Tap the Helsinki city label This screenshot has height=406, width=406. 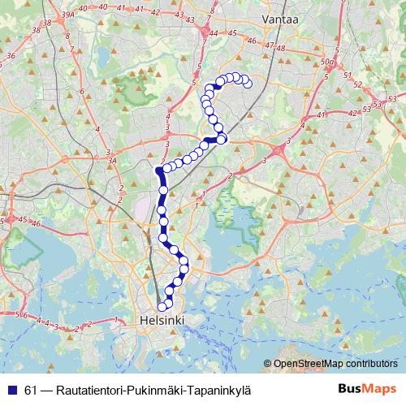[x=161, y=321]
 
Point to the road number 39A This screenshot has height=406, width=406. [x=67, y=15]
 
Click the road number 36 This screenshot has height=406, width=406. [x=11, y=55]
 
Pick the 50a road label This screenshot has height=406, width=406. [x=328, y=62]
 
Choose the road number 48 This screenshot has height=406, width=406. [x=283, y=47]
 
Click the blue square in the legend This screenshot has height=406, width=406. [x=12, y=390]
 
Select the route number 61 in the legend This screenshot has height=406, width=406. [x=32, y=390]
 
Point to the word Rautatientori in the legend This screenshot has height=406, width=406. [x=88, y=390]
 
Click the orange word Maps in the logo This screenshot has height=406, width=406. [x=381, y=389]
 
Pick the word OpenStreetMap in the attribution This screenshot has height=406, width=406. [x=313, y=364]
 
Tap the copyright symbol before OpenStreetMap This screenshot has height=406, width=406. [x=267, y=364]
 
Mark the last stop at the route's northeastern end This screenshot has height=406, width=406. [x=248, y=83]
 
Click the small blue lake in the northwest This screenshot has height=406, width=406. [x=103, y=59]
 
